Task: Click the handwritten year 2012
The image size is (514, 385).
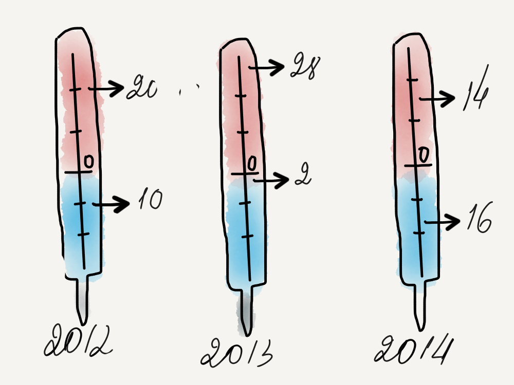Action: tap(78, 340)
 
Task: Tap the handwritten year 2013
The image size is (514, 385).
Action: tap(236, 352)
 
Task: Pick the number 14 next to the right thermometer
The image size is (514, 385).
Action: tap(476, 88)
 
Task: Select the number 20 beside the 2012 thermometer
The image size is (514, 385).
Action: tap(142, 87)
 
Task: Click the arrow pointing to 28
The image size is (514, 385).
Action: tap(266, 67)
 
